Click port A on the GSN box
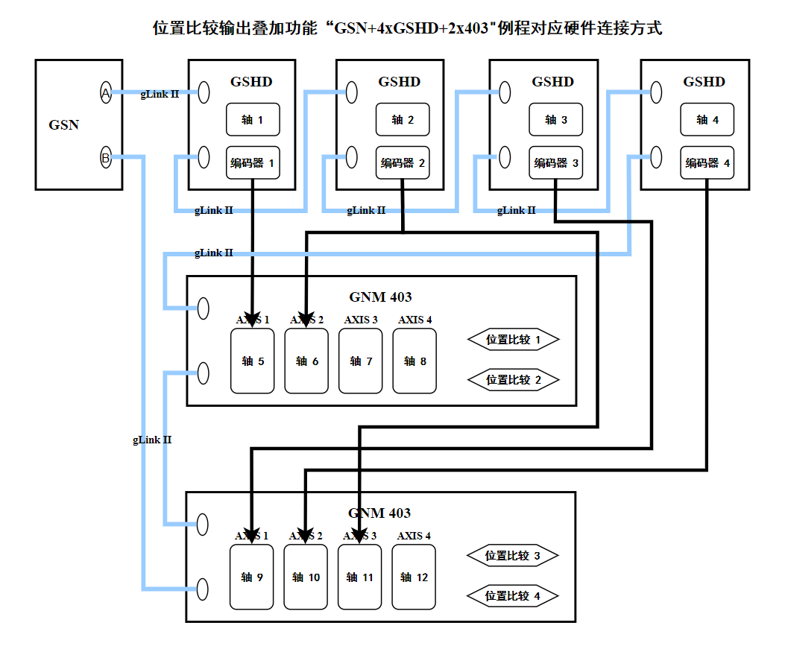[x=106, y=93]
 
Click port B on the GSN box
[x=106, y=158]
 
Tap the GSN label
[x=64, y=124]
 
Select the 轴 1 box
[x=253, y=119]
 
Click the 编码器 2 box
[x=403, y=163]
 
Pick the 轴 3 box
[x=555, y=119]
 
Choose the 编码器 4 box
[x=707, y=163]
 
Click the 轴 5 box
[x=253, y=361]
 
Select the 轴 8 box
[x=414, y=361]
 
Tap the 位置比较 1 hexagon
[x=513, y=340]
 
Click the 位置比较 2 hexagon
[x=513, y=380]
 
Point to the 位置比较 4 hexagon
[x=512, y=596]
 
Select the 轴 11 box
[x=359, y=577]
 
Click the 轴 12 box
[x=414, y=577]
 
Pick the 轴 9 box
[x=252, y=577]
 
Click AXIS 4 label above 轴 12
[x=414, y=536]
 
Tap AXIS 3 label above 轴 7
[x=361, y=320]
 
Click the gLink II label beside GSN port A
[x=160, y=94]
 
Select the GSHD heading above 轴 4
[x=704, y=82]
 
